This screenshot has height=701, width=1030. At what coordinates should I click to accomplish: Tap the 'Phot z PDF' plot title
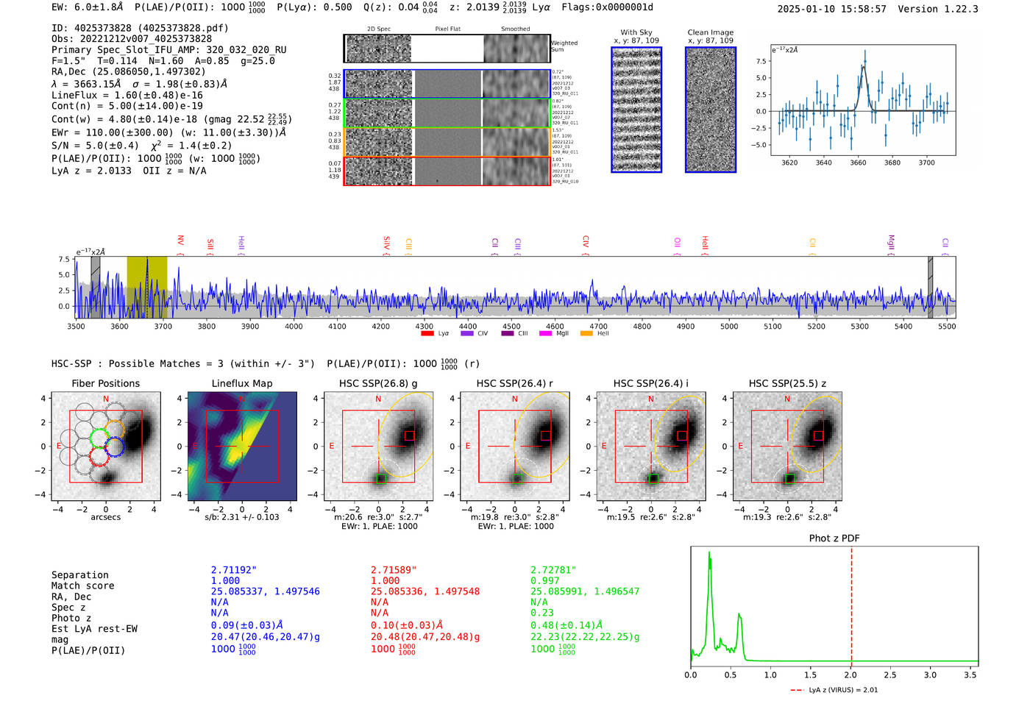click(x=834, y=538)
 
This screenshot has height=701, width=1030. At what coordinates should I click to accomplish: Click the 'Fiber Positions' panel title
click(x=105, y=383)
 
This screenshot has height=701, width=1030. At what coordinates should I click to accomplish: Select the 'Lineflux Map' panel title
click(x=242, y=383)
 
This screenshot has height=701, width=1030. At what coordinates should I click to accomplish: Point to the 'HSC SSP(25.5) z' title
click(x=787, y=383)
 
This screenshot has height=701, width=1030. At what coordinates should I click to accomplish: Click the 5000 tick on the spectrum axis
click(x=729, y=327)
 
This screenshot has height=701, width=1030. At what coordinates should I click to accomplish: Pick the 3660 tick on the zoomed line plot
click(x=858, y=163)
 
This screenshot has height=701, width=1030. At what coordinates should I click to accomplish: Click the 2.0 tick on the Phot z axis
click(x=850, y=675)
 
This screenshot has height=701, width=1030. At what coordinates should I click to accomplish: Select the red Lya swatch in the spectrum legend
click(x=427, y=334)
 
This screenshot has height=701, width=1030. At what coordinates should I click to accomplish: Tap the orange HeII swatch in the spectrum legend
click(x=586, y=334)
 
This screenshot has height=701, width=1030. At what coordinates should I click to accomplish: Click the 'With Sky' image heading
click(x=636, y=32)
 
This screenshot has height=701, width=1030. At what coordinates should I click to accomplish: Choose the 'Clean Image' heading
click(x=710, y=32)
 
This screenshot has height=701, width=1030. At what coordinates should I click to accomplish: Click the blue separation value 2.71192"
click(x=234, y=570)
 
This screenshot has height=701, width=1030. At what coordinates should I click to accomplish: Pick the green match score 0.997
click(x=545, y=581)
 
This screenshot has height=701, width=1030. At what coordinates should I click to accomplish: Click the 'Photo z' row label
click(x=71, y=618)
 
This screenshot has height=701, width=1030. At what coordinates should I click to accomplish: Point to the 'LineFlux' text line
click(x=127, y=96)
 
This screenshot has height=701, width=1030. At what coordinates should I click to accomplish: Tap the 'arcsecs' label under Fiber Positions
click(x=105, y=517)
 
